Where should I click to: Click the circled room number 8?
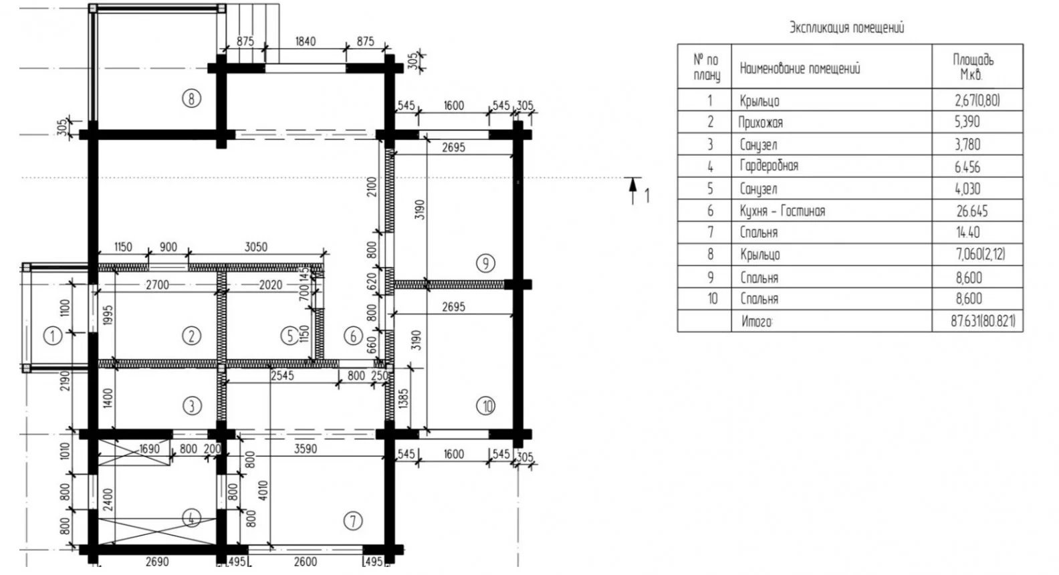coord(191,99)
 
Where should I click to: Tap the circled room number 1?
coord(52,336)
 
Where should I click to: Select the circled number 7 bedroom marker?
coord(353,521)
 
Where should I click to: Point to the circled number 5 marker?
coord(289,336)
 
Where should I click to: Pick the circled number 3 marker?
coord(191,406)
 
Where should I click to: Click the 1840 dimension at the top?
coord(306,41)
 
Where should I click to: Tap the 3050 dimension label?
coord(256,247)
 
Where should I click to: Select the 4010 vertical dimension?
coord(263,490)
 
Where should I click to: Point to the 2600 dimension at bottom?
coord(306,562)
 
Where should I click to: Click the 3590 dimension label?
coord(306,448)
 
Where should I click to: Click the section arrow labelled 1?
coord(633,191)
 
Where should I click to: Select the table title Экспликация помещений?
coord(846,27)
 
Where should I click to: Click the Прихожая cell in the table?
coord(761,122)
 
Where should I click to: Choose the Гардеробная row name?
coord(770,166)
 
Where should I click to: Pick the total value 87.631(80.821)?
coord(983,322)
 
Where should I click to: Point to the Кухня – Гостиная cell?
coord(782,211)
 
